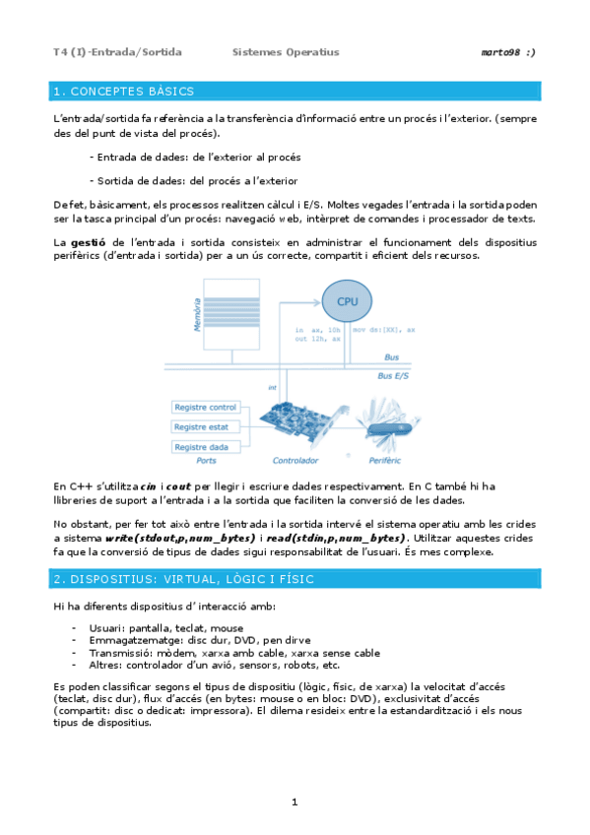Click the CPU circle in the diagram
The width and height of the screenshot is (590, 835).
tap(348, 299)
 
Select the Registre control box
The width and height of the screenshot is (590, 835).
tap(205, 407)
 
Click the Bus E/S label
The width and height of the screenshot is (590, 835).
tap(395, 375)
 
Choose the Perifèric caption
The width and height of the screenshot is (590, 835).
tap(390, 461)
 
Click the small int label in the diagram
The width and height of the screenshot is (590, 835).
tap(272, 388)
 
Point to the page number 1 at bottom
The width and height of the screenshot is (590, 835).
tap(295, 803)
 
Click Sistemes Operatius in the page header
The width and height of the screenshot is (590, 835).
tap(286, 51)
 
